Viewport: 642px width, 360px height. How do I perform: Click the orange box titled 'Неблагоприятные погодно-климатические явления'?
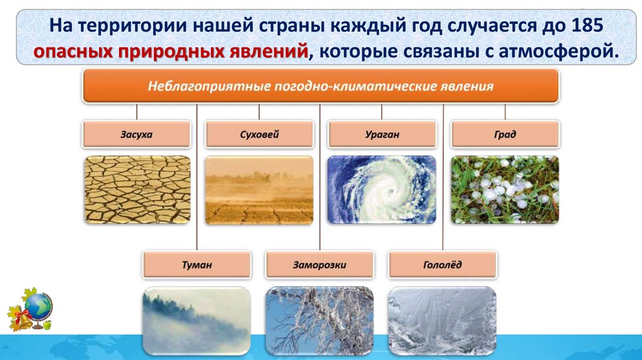click(x=320, y=86)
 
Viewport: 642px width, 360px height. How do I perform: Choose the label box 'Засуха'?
click(x=136, y=134)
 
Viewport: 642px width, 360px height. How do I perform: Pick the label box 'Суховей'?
click(x=259, y=134)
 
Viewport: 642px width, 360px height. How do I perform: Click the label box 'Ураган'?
click(x=382, y=134)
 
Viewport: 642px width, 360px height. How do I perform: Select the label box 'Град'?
click(x=505, y=134)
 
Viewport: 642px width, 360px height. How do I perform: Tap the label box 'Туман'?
click(x=197, y=265)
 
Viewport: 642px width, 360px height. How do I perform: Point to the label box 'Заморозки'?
click(x=320, y=265)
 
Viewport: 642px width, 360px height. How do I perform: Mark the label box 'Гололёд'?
click(x=443, y=265)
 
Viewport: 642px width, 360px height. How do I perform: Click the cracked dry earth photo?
click(x=137, y=189)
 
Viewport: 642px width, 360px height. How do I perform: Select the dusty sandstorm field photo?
click(x=259, y=189)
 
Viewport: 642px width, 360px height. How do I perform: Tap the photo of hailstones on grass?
click(x=505, y=189)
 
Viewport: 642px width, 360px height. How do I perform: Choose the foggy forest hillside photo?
click(x=196, y=320)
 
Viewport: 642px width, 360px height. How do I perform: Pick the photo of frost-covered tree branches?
click(x=319, y=320)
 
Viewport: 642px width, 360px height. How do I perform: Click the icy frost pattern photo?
click(x=442, y=320)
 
